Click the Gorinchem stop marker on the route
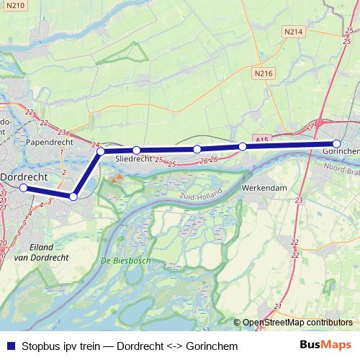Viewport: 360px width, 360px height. pos(337,144)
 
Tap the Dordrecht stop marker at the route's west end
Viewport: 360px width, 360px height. pos(23,188)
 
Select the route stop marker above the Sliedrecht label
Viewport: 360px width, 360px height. pos(135,150)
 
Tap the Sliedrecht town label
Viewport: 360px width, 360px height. pos(134,159)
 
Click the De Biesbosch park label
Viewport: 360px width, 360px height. pos(126,260)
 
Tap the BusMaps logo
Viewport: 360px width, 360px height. pos(325,345)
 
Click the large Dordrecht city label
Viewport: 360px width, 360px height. pos(29,176)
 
